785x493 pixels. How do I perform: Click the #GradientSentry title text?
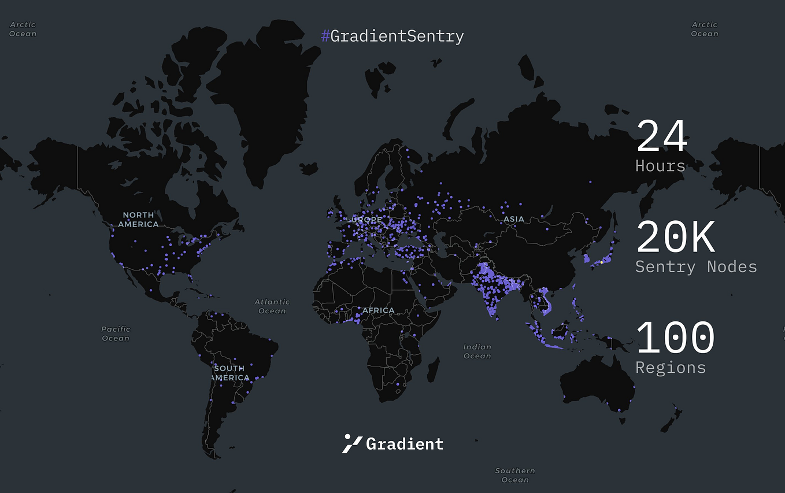tap(392, 36)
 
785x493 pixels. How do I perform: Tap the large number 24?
tap(662, 136)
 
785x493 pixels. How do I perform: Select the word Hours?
tap(660, 166)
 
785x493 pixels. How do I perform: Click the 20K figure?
tap(676, 238)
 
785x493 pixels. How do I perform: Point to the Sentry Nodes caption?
tap(696, 266)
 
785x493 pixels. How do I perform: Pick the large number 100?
tap(675, 338)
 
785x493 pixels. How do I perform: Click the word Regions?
tap(671, 368)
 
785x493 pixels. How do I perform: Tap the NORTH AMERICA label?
tap(139, 220)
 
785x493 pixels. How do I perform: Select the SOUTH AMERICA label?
tap(229, 373)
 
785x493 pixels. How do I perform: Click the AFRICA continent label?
tap(378, 310)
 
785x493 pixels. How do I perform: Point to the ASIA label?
tap(513, 219)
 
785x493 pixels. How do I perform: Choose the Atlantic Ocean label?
tap(272, 306)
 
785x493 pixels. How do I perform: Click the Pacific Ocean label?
tap(116, 333)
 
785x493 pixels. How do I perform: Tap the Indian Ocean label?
tap(477, 351)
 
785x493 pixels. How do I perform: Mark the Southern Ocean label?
tap(515, 475)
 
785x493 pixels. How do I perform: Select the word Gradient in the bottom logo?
tap(405, 444)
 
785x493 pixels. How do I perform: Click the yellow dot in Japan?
tap(601, 262)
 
